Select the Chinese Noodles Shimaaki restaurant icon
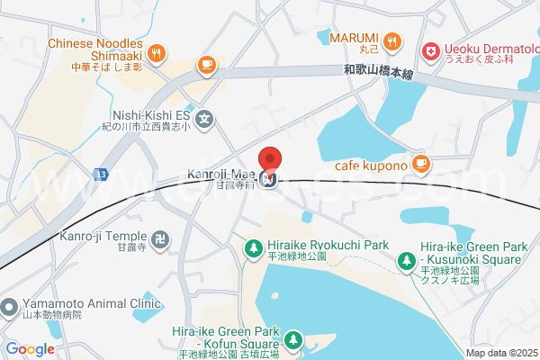pos(157,52)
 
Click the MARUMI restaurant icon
pos(392,40)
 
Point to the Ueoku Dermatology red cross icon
pos(430,53)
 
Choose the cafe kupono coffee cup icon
pos(419,163)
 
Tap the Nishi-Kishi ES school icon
pos(205,116)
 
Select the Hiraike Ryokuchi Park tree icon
pos(255,246)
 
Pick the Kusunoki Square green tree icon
pos(407,262)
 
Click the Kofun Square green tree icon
pos(293,340)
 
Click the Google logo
pos(30,349)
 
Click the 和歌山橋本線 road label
pos(378,72)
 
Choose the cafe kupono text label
pos(371,165)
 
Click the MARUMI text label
pos(353,38)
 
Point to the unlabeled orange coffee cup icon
pos(206,64)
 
